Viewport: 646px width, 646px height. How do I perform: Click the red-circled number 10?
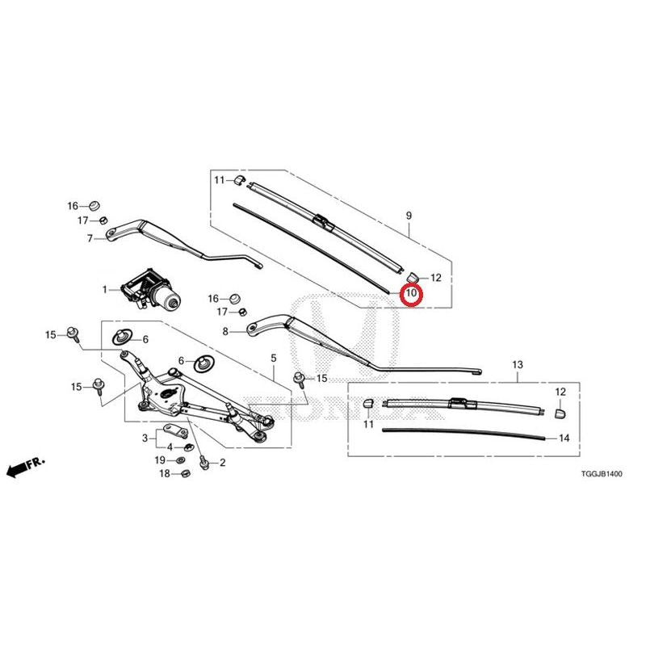pos(412,293)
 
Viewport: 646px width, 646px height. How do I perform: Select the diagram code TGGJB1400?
pos(602,474)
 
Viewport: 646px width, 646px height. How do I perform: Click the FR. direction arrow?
pos(26,467)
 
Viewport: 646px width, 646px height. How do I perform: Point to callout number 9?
pos(409,215)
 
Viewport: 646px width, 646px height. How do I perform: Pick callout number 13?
pos(518,365)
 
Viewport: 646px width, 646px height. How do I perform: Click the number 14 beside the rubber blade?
pos(564,438)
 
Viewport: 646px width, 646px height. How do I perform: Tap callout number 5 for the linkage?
pos(274,358)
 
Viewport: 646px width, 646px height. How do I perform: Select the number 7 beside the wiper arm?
pos(90,238)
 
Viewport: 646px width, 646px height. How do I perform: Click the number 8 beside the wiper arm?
pos(225,331)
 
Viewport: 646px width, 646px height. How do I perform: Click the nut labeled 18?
pos(185,473)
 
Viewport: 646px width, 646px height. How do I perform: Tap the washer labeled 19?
pos(180,459)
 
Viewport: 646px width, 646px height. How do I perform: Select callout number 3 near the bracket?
pos(145,438)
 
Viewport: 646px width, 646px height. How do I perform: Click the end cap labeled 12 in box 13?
pos(560,413)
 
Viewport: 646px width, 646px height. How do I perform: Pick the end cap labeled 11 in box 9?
pos(239,180)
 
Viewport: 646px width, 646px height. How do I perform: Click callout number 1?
pos(105,290)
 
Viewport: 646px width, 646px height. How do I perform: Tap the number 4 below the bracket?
pos(170,447)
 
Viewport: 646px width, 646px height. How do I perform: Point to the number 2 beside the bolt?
pos(223,462)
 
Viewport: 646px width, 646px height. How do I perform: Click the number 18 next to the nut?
pos(165,473)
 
